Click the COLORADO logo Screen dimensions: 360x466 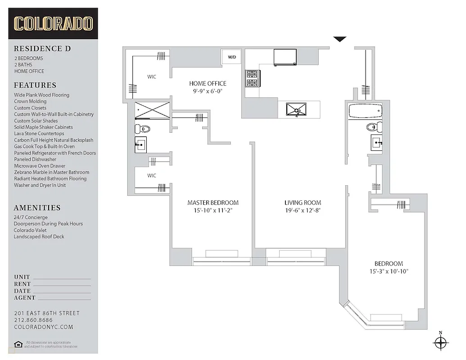[53, 23]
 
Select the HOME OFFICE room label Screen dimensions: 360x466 [208, 83]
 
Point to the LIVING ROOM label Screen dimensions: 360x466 [303, 202]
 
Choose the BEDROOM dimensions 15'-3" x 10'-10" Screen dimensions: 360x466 [389, 271]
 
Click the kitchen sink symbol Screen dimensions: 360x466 [296, 109]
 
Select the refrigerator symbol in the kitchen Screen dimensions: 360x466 [285, 58]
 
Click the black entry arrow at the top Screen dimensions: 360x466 [340, 40]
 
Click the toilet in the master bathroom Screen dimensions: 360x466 [142, 129]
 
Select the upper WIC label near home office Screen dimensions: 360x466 [152, 77]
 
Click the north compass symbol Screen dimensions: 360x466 [440, 343]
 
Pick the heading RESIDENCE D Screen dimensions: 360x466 [42, 49]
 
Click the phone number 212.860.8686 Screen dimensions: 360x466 [34, 320]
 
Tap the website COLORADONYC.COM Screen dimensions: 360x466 [43, 327]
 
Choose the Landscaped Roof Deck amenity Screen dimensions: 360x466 [39, 236]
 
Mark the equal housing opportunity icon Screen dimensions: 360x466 [18, 344]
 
